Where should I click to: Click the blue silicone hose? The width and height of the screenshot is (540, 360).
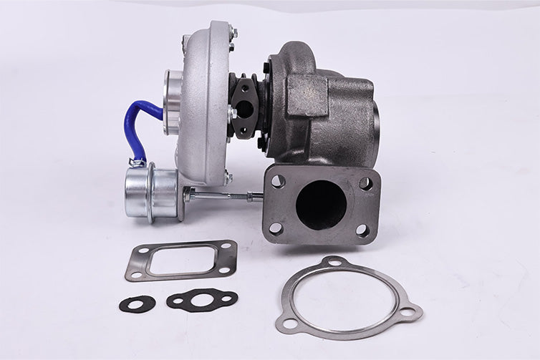138,122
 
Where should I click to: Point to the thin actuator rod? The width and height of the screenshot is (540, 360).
218,195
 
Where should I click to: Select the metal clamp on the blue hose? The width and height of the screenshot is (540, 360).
137,162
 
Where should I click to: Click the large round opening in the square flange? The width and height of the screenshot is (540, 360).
321,205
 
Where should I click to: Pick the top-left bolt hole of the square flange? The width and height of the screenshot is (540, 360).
278,181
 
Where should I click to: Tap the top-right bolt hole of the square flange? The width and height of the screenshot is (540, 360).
365,183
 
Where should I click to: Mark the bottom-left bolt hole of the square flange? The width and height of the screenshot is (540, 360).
276,229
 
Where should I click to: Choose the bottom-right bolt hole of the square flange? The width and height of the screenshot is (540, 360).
363,230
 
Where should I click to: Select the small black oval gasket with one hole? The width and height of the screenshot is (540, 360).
137,304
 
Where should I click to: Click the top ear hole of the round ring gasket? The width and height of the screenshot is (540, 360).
334,263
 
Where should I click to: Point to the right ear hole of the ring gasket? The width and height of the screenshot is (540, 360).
408,312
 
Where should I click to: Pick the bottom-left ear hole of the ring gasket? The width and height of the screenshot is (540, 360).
289,323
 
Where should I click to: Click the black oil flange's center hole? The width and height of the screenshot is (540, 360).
244,110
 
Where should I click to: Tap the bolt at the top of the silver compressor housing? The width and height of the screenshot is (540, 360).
232,33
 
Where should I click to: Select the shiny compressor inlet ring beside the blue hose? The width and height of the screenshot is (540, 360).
172,101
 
